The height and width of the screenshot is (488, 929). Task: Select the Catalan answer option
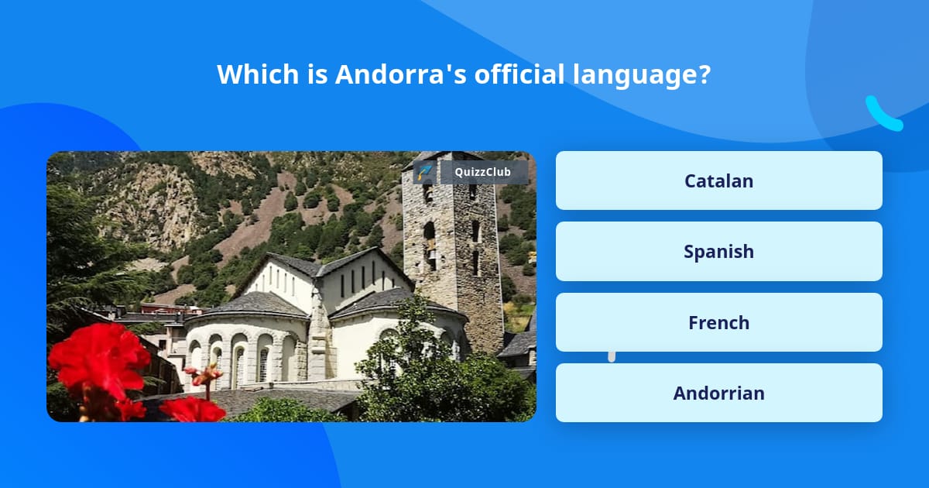718,180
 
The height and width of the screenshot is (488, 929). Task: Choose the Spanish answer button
718,252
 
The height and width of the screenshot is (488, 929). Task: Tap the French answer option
718,322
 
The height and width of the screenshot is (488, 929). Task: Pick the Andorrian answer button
718,393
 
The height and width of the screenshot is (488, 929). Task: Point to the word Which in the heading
258,74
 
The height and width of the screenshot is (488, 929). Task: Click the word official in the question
519,74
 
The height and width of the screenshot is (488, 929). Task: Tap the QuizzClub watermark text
482,172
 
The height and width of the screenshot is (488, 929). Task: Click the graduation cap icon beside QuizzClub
424,172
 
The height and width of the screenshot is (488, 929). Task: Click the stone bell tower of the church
453,249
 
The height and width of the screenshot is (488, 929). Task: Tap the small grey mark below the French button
612,356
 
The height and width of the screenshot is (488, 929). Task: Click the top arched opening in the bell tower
427,193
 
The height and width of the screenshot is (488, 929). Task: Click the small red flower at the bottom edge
193,409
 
